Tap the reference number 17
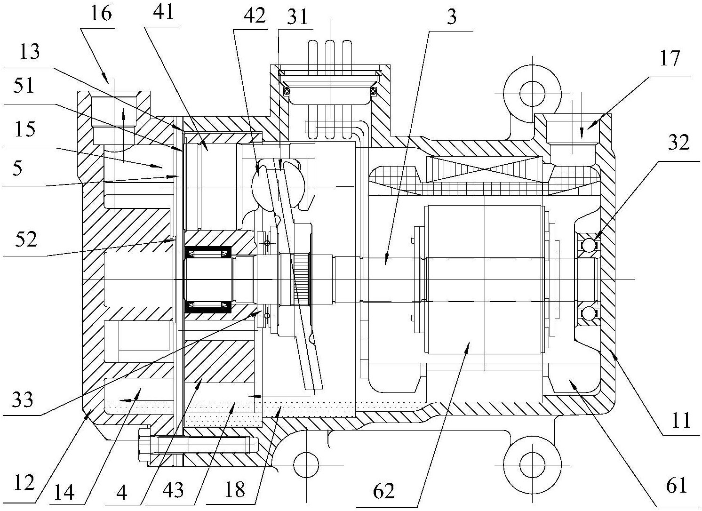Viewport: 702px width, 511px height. (x=670, y=58)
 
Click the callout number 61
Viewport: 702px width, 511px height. (x=677, y=486)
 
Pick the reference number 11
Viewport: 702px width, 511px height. (x=680, y=420)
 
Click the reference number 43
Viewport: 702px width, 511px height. (x=173, y=490)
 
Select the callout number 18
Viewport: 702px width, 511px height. (x=235, y=490)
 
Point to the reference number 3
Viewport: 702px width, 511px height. (x=452, y=17)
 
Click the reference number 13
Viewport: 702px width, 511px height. (x=30, y=52)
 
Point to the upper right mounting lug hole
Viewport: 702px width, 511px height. (x=532, y=93)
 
